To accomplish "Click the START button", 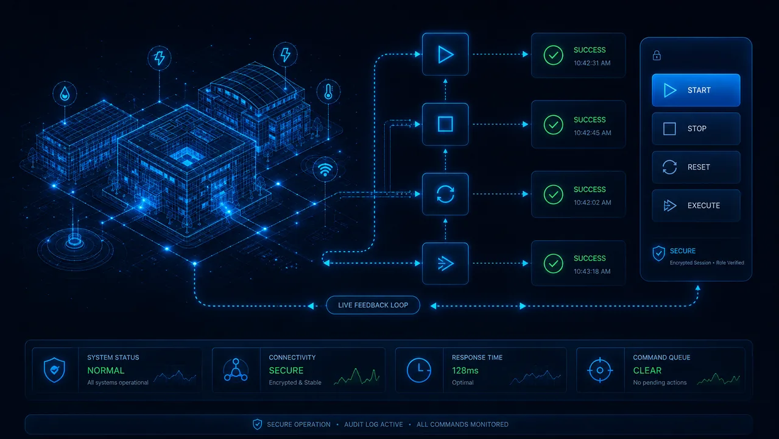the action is [x=696, y=90].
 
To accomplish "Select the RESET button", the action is [x=696, y=167].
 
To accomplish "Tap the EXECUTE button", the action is [x=696, y=205].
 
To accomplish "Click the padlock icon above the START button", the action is [x=657, y=55].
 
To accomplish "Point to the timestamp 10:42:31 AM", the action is [x=592, y=63].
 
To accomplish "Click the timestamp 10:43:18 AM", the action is [x=592, y=271].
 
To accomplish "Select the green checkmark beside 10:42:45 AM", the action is [x=553, y=124].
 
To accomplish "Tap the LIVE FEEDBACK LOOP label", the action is [x=373, y=305].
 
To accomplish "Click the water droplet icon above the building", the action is [x=65, y=94].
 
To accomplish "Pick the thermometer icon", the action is [x=328, y=91].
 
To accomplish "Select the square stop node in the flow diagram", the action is [x=445, y=124].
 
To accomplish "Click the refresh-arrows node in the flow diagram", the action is [x=445, y=194].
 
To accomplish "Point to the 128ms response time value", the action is [x=465, y=371].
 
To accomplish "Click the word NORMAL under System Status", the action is [x=106, y=371].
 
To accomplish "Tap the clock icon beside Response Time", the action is [x=418, y=370].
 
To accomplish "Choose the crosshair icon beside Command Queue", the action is [x=600, y=371].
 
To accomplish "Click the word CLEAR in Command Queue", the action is [x=647, y=371].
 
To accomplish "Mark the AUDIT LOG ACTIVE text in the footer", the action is [x=373, y=425].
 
